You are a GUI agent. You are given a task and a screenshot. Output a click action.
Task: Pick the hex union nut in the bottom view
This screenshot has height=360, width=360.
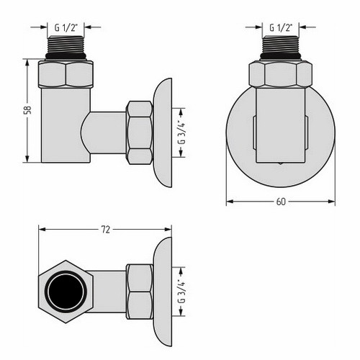coord(139,289)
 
